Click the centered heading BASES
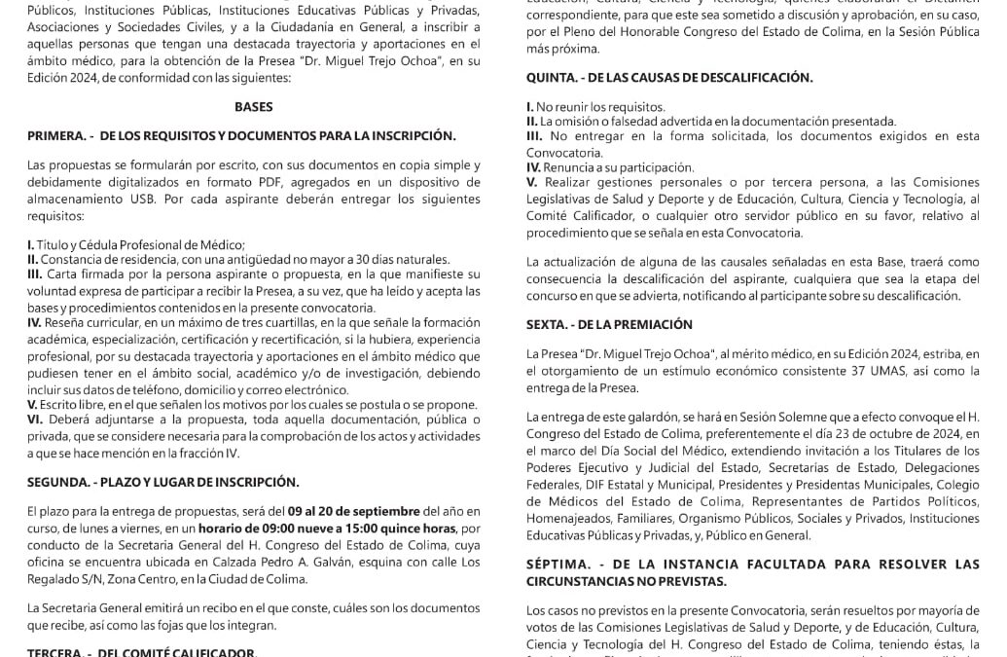click(x=253, y=107)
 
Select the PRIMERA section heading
click(x=241, y=135)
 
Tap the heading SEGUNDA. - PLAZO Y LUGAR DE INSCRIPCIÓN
click(x=162, y=481)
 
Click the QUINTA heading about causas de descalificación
click(x=669, y=78)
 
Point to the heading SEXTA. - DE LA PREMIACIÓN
click(x=609, y=324)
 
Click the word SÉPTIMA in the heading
click(x=558, y=564)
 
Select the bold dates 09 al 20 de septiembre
click(x=357, y=511)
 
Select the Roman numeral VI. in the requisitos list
click(x=35, y=419)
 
